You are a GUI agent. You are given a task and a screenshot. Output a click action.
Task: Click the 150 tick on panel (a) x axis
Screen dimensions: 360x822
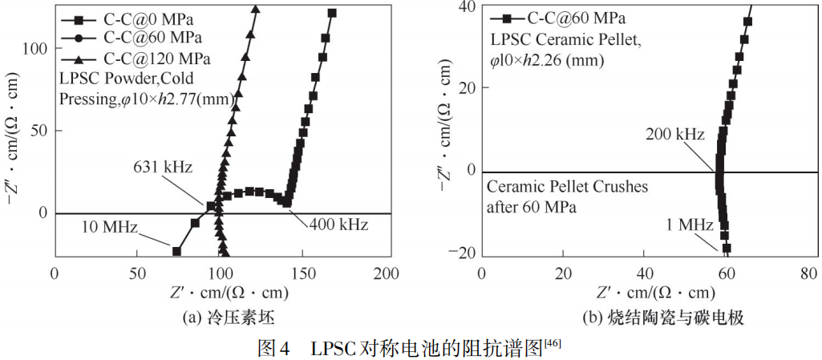coord(305,273)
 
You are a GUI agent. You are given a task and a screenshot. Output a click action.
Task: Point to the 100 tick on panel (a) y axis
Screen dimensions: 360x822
coord(38,49)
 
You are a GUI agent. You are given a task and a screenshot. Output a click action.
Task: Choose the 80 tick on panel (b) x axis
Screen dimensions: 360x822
coord(809,273)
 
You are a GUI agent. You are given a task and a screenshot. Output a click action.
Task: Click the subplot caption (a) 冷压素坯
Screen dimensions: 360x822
coord(222,318)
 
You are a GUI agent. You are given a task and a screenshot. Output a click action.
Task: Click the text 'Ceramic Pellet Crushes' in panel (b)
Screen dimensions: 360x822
coord(568,187)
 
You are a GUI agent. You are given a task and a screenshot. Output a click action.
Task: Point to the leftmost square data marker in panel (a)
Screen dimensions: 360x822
coord(176,251)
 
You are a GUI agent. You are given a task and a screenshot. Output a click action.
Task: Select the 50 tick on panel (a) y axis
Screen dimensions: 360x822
coord(41,131)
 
